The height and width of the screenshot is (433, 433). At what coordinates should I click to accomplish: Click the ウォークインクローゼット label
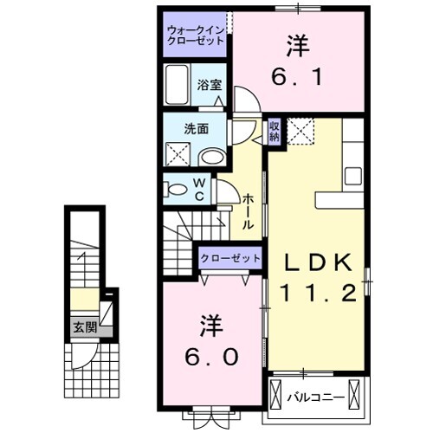click(195, 37)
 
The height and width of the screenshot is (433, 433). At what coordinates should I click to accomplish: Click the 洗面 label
click(196, 130)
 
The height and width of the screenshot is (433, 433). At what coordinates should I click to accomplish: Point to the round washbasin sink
click(210, 157)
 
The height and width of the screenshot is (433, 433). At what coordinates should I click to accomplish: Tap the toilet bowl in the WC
click(177, 188)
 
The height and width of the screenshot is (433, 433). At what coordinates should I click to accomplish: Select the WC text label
click(199, 189)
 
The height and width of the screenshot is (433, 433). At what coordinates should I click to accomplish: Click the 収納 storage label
click(274, 131)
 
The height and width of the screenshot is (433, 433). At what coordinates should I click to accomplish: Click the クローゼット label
click(230, 258)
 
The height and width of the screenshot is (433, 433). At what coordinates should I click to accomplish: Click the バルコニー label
click(316, 398)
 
